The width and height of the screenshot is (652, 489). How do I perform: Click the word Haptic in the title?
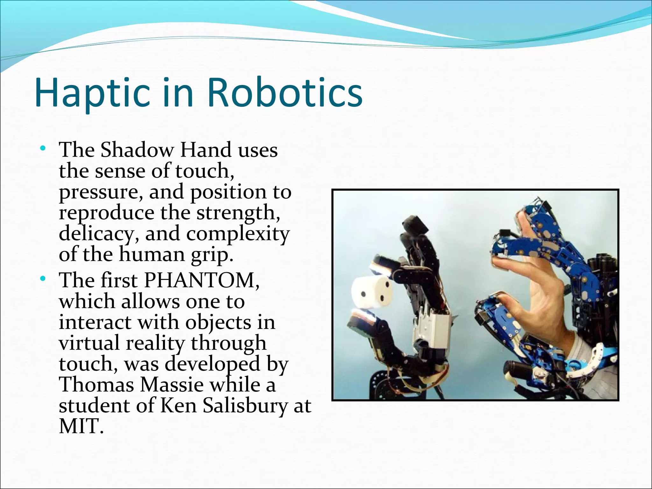(92, 93)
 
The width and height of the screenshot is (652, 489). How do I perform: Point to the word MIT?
(81, 426)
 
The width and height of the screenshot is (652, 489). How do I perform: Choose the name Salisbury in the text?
(245, 406)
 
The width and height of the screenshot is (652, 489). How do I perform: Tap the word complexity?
(238, 234)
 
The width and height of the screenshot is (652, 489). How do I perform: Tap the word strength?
(238, 213)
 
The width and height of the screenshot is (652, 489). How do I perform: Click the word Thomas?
(96, 385)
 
